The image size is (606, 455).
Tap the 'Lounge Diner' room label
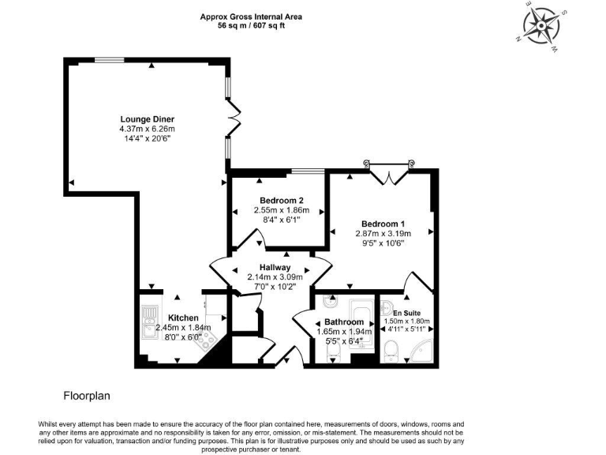pyautogui.click(x=147, y=119)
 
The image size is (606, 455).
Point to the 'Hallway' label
pyautogui.click(x=270, y=267)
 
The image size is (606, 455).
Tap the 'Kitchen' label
pyautogui.click(x=183, y=318)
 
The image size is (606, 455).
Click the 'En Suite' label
pyautogui.click(x=405, y=314)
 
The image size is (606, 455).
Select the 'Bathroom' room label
pyautogui.click(x=344, y=322)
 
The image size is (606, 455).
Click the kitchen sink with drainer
pyautogui.click(x=148, y=319)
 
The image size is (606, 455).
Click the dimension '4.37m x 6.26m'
pyautogui.click(x=147, y=129)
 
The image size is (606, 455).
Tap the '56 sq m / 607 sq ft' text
pyautogui.click(x=250, y=25)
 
